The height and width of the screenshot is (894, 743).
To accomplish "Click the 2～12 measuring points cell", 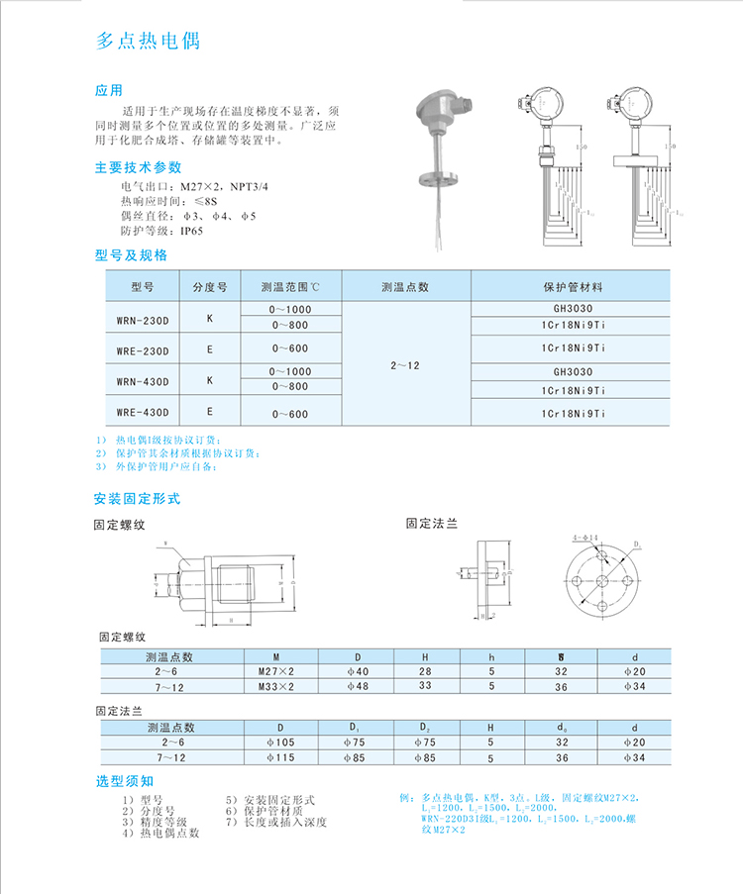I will pos(405,365).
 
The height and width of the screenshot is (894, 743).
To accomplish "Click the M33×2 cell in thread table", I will pos(277,686).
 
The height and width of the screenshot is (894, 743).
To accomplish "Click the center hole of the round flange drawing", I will pos(601,581).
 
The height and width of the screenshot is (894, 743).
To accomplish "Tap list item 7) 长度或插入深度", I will pos(276,822).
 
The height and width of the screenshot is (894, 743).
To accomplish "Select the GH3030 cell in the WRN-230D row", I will pos(573,309).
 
